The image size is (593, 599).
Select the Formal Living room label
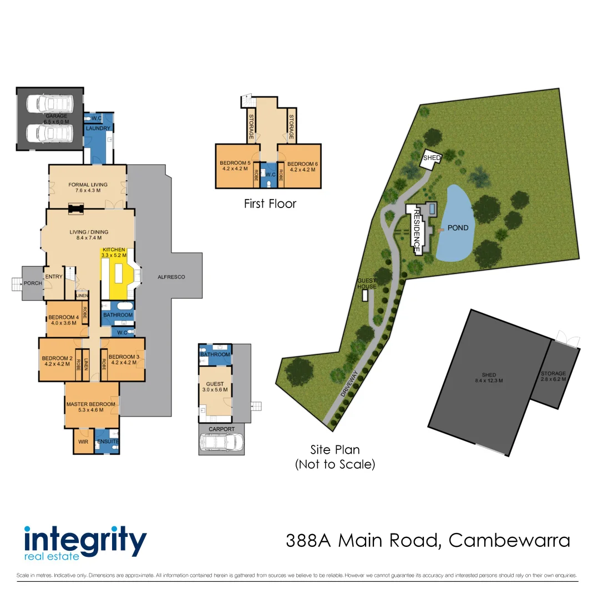[88, 185]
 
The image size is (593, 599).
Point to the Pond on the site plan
[458, 228]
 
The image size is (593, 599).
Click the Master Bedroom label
[91, 404]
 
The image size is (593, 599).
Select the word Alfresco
[171, 277]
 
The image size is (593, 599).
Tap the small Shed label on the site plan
[432, 158]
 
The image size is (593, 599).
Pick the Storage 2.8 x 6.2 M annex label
[553, 374]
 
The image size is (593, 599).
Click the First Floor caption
[270, 204]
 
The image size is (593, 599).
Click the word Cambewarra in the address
[509, 540]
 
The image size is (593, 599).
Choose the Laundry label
[98, 129]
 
